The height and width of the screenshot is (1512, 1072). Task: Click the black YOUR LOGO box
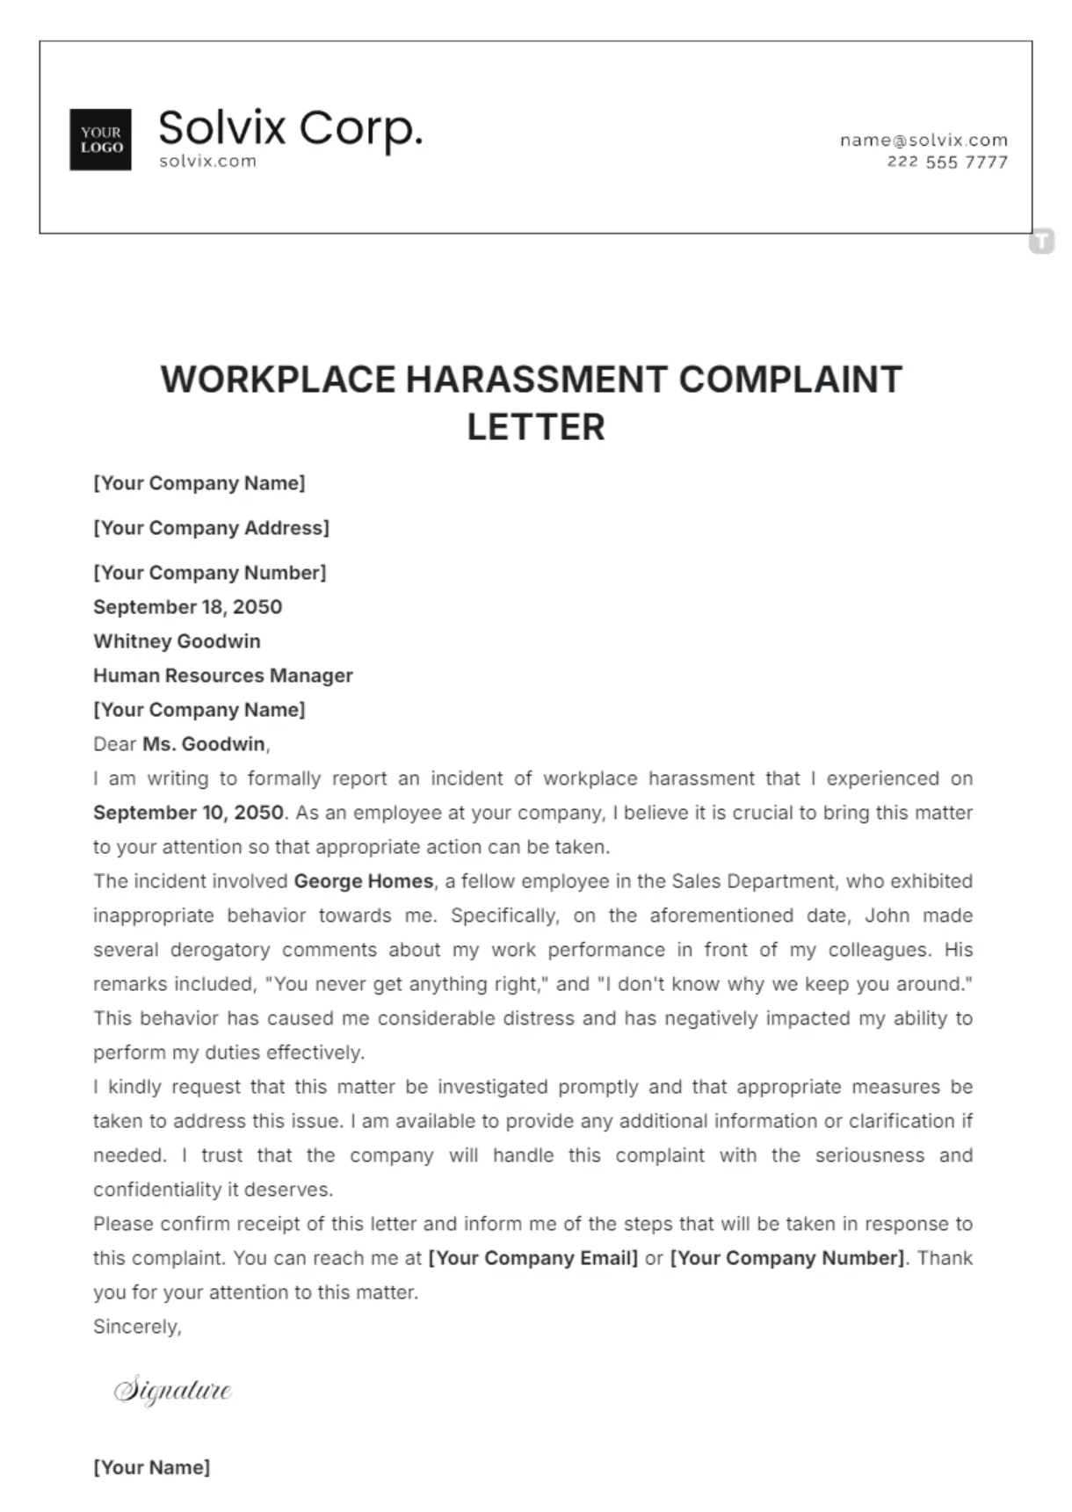point(100,140)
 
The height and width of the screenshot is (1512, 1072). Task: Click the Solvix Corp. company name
point(290,128)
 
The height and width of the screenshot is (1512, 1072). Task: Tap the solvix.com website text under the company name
point(207,161)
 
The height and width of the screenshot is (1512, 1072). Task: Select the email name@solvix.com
point(923,140)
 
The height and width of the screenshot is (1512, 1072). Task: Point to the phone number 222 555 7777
point(946,162)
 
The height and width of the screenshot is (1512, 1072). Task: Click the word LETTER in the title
point(535,428)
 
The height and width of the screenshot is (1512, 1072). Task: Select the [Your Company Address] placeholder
point(211,528)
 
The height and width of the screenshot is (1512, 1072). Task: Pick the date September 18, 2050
point(187,607)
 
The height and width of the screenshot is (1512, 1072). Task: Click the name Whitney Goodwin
point(177,641)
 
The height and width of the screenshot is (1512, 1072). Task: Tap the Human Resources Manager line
point(222,676)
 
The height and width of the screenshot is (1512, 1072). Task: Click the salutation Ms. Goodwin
point(204,744)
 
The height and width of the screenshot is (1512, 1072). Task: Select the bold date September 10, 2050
point(188,813)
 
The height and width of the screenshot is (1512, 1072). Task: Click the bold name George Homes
point(363,881)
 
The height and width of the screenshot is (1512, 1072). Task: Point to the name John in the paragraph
point(887,915)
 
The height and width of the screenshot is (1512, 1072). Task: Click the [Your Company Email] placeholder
point(532,1258)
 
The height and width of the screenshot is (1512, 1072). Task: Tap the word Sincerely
point(137,1327)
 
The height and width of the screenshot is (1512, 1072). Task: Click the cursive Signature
point(173,1390)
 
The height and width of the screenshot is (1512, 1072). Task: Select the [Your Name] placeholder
point(151,1467)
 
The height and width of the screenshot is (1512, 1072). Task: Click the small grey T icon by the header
point(1041,241)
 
